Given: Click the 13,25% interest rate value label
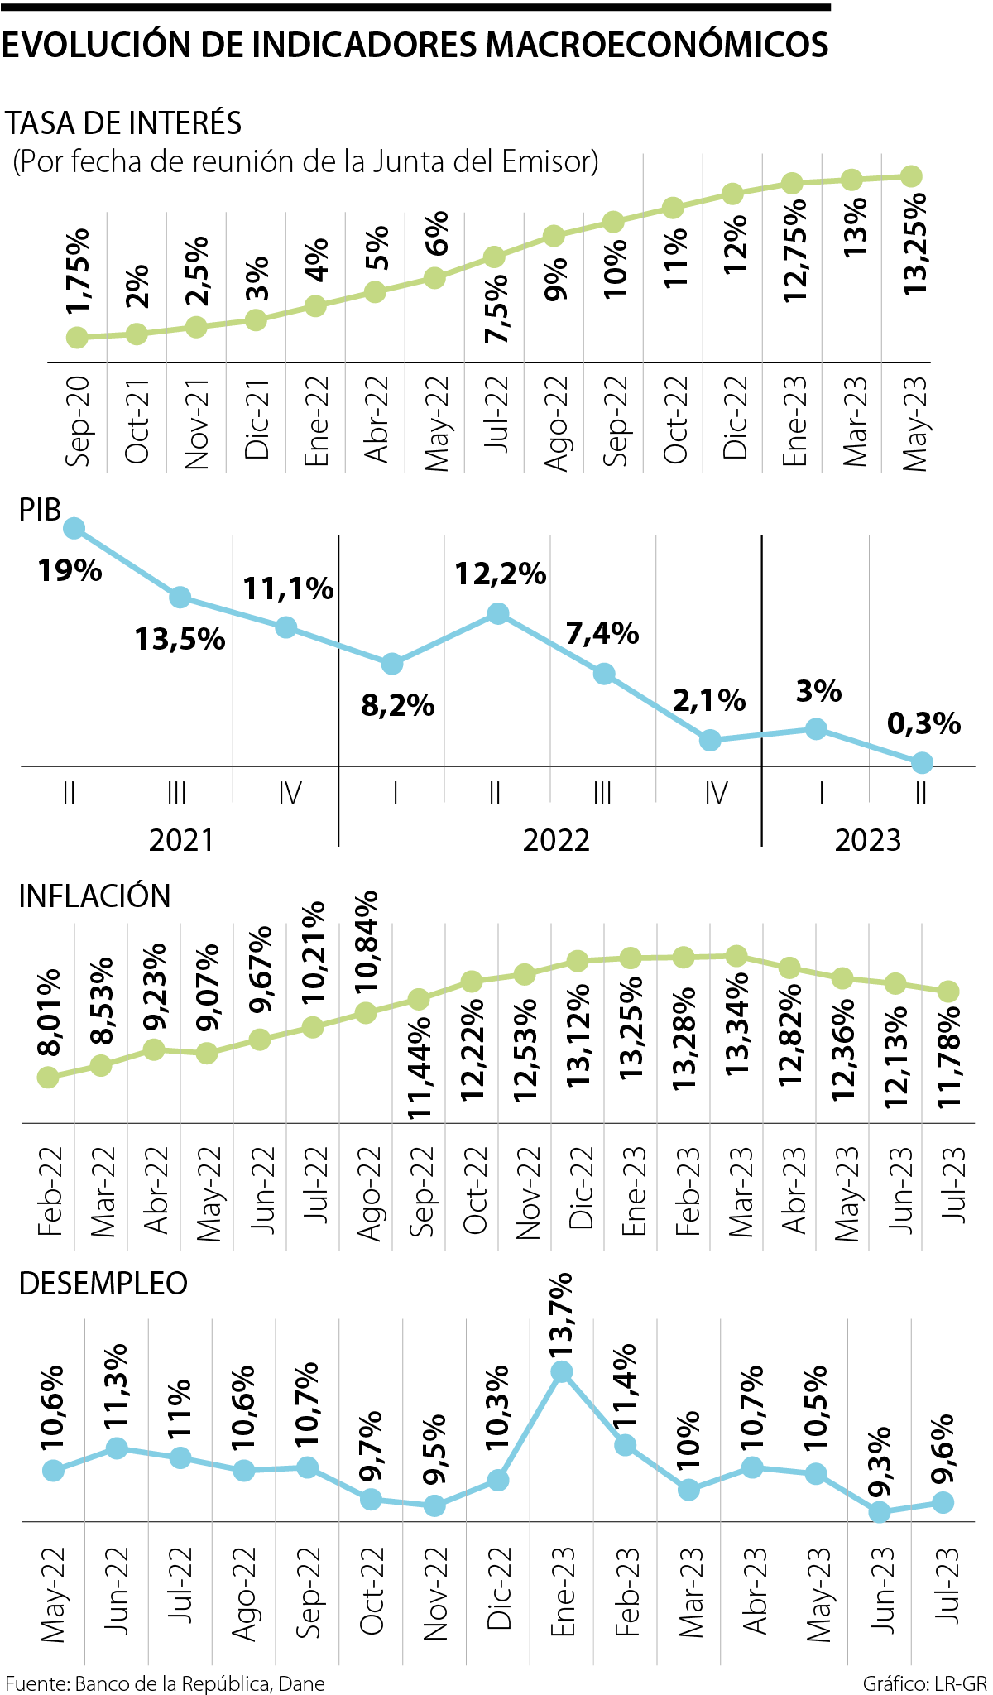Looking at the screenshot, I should pos(915,245).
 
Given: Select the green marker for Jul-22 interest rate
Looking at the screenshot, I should pos(494,257).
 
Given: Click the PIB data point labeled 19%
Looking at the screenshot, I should pos(74,528).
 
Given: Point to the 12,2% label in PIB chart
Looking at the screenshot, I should pos(501,574).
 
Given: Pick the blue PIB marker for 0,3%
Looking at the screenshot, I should pos(922,762).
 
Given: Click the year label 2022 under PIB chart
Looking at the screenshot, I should pos(556,840).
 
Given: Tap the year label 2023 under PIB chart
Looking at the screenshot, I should pos(867,840).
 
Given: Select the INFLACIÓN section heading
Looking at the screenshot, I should pos(94,896).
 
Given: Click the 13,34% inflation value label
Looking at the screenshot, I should pos(737,1023).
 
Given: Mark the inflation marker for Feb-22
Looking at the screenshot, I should pos(48,1077).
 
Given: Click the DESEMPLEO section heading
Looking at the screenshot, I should pos(103,1284).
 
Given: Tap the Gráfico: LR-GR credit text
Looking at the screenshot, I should pos(924,1683).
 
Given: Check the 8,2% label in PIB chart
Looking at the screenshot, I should pos(398,706).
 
